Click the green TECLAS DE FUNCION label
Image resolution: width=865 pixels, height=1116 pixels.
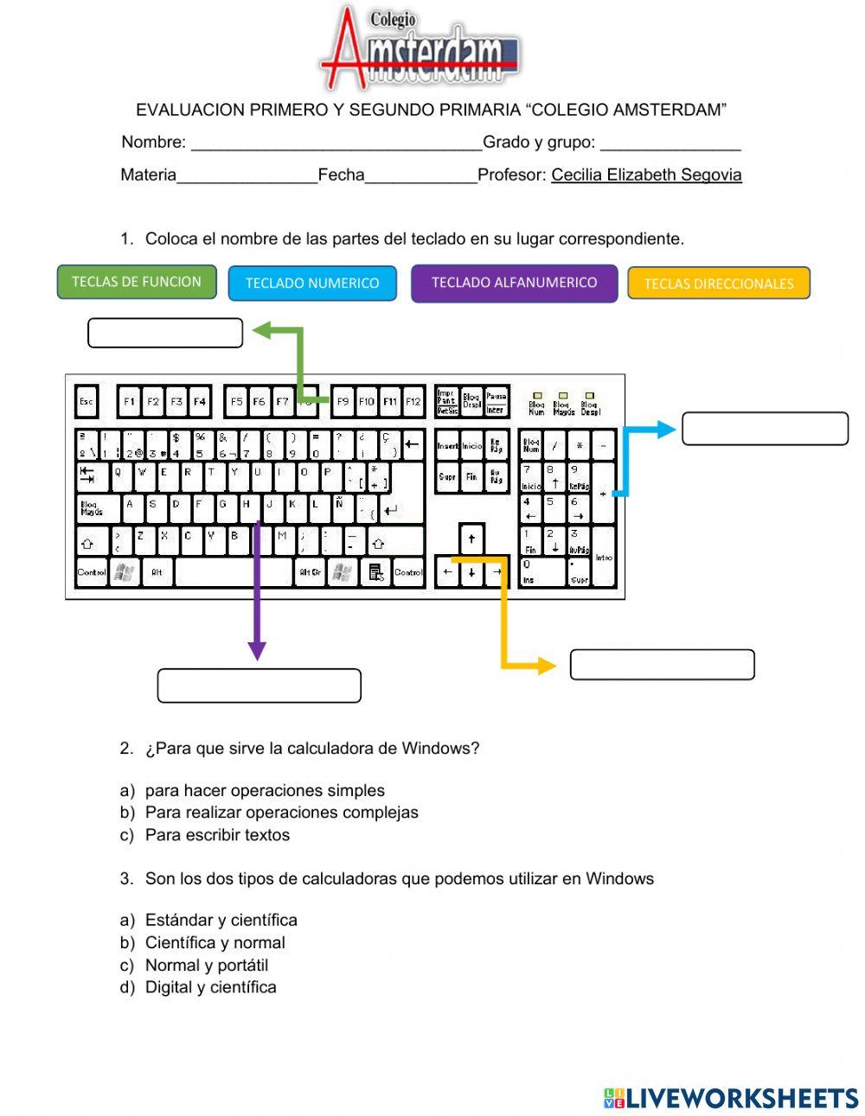[x=137, y=282]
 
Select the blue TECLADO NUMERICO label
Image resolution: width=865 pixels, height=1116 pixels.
[x=312, y=284]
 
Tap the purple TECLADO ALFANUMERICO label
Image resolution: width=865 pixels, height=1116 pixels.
[x=514, y=283]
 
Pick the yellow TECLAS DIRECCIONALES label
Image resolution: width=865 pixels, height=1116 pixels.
[x=718, y=284]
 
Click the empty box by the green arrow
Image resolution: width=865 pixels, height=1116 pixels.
[x=165, y=333]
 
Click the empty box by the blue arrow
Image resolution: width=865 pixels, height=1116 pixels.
[x=765, y=429]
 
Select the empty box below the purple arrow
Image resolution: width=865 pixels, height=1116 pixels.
[x=259, y=686]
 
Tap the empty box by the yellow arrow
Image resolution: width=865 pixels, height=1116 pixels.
[x=662, y=665]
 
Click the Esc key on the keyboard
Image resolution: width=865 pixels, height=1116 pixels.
[x=86, y=401]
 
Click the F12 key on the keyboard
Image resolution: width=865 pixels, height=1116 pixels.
[x=413, y=401]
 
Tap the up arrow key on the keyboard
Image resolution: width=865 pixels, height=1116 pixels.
[x=471, y=539]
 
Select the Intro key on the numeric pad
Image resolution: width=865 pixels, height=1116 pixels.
[x=604, y=558]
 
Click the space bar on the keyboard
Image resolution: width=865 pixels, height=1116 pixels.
[x=233, y=571]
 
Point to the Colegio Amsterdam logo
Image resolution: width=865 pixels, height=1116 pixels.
[x=420, y=48]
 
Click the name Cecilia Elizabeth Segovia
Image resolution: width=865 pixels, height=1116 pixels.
[x=646, y=175]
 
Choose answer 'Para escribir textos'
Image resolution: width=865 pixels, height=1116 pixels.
[x=217, y=835]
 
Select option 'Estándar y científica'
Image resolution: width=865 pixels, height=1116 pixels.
[x=221, y=920]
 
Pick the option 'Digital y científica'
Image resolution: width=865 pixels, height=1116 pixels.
[x=210, y=987]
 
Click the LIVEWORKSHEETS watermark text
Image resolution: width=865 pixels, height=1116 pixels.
[x=741, y=1098]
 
